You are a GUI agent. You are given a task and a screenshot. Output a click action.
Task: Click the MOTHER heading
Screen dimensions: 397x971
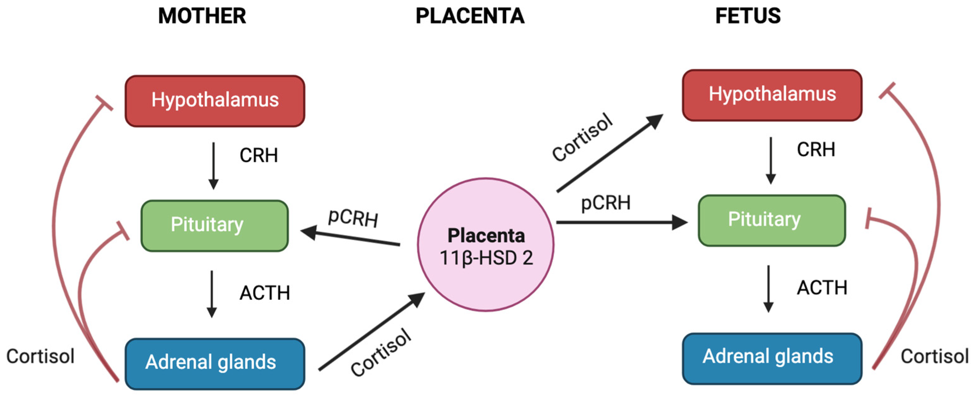[x=202, y=16]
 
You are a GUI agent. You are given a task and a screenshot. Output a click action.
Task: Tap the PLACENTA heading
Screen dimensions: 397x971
[x=470, y=16]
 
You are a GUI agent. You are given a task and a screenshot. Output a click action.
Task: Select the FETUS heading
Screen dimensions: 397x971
[x=748, y=16]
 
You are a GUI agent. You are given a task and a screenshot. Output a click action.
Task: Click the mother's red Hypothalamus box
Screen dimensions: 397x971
[x=215, y=101]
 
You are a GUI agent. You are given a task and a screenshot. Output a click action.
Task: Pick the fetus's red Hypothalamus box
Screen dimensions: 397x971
[x=772, y=95]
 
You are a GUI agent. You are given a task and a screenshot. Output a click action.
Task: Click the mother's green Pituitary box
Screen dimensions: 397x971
[x=214, y=225]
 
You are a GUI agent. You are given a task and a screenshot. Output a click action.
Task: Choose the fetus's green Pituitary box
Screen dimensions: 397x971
[x=772, y=220]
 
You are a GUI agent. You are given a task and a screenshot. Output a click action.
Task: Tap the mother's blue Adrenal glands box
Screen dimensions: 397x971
[x=215, y=363]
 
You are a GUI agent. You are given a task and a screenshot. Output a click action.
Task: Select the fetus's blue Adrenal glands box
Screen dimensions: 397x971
[x=772, y=358]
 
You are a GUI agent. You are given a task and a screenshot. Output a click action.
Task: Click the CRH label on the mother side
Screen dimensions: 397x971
[x=259, y=155]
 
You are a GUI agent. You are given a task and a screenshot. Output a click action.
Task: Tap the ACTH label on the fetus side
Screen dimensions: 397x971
[x=822, y=288]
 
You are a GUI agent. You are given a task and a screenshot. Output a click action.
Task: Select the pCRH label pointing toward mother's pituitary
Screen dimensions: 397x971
[x=353, y=218]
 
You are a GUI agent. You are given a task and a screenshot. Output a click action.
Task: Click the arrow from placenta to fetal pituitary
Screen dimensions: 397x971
[x=622, y=223]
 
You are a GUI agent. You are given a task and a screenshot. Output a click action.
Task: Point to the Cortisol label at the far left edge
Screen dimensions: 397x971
[x=40, y=356]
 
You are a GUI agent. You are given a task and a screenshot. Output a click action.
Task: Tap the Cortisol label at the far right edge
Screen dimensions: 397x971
[x=934, y=356]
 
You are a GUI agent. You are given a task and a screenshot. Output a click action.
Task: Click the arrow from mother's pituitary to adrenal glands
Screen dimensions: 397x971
[x=212, y=294]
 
